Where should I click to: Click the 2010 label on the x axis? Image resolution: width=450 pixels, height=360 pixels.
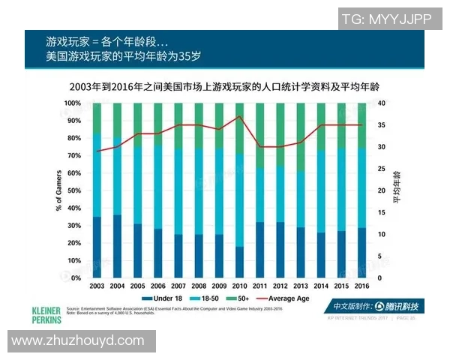point(239,286)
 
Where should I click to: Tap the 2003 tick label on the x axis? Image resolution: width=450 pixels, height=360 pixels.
point(96,286)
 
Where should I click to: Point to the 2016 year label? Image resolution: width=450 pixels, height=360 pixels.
point(361,286)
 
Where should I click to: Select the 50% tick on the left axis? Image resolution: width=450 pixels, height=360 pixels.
point(73,190)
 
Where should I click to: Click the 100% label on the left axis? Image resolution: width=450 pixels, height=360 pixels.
point(72,103)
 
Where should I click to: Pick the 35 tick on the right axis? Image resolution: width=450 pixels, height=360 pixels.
point(382,124)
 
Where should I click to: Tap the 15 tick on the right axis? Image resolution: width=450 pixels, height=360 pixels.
point(382,212)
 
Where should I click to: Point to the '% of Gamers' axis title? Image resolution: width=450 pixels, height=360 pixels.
point(58,190)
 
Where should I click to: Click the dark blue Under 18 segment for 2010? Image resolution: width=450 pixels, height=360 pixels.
point(239,262)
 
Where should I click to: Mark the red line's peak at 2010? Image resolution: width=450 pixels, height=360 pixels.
point(239,116)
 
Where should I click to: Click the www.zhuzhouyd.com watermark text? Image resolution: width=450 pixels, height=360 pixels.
point(77,340)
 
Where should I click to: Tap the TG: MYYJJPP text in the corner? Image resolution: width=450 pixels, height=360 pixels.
point(385,19)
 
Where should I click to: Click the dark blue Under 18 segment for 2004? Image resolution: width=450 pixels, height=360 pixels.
point(117,246)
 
